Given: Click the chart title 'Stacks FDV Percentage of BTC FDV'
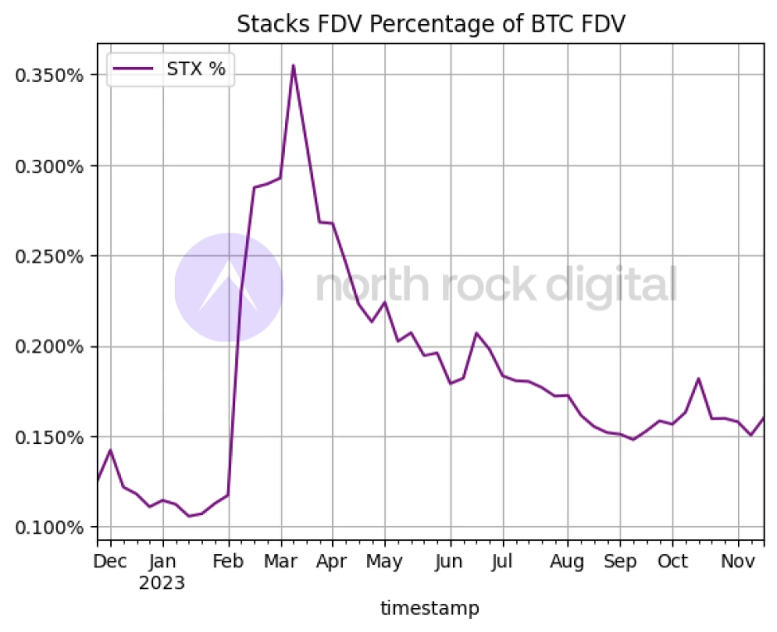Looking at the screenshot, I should pyautogui.click(x=430, y=23).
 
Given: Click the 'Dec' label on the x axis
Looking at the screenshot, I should pyautogui.click(x=110, y=562).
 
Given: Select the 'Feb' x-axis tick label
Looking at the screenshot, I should pyautogui.click(x=229, y=562).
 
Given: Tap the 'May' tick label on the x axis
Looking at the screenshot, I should pyautogui.click(x=384, y=562).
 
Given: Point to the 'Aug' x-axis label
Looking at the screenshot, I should pyautogui.click(x=567, y=562).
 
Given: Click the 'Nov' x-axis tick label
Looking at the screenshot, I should pyautogui.click(x=736, y=562).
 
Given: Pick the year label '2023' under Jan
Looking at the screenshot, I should pyautogui.click(x=162, y=582).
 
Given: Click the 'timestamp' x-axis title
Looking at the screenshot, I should pyautogui.click(x=429, y=609).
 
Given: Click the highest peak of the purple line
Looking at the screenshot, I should pyautogui.click(x=293, y=65).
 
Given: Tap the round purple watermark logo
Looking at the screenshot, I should pyautogui.click(x=229, y=287).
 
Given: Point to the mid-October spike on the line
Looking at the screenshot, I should pyautogui.click(x=699, y=379).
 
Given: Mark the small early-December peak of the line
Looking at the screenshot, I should pyautogui.click(x=110, y=450).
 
